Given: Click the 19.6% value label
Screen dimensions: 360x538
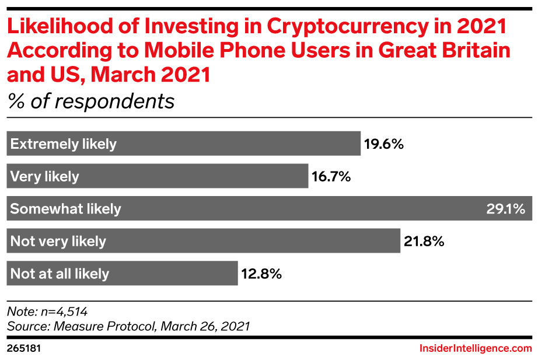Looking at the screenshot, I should pyautogui.click(x=384, y=144).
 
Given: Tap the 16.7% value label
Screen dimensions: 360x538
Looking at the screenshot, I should pyautogui.click(x=331, y=176).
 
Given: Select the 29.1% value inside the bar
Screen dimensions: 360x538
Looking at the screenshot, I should pyautogui.click(x=506, y=209).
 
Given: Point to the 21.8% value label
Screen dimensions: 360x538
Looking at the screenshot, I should pyautogui.click(x=423, y=241).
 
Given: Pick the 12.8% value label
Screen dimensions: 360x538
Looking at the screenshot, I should pyautogui.click(x=261, y=273).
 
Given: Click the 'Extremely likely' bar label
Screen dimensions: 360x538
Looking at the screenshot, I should pyautogui.click(x=64, y=144).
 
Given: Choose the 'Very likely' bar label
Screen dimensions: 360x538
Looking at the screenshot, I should pyautogui.click(x=44, y=176).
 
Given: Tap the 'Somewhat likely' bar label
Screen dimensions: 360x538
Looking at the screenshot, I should pyautogui.click(x=65, y=209).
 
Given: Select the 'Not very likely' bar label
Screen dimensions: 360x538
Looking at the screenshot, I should pyautogui.click(x=58, y=241).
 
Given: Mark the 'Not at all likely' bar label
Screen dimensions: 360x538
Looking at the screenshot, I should pyautogui.click(x=60, y=273).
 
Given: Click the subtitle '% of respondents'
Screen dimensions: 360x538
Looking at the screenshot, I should pyautogui.click(x=91, y=101).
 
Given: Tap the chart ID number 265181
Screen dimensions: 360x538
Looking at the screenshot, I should pyautogui.click(x=23, y=348).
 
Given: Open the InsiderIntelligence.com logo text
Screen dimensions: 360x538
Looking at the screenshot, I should pyautogui.click(x=476, y=348).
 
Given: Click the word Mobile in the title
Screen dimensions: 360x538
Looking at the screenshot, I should pyautogui.click(x=169, y=51).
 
